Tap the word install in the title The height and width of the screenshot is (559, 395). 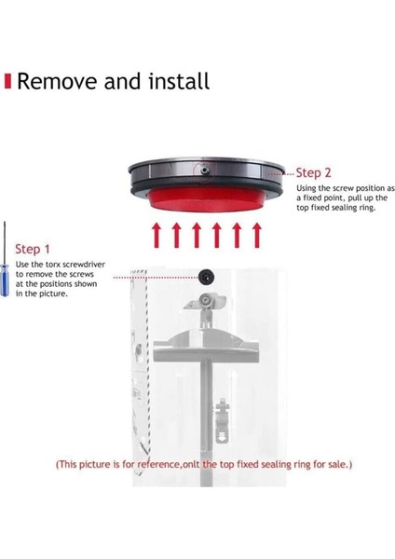click(x=178, y=80)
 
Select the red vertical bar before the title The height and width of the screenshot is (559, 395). click(x=8, y=81)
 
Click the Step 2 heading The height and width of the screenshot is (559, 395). click(x=315, y=172)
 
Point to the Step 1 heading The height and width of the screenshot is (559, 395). click(x=34, y=249)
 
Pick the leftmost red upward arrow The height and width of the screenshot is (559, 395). click(x=157, y=236)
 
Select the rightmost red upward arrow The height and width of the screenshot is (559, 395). click(x=253, y=236)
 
